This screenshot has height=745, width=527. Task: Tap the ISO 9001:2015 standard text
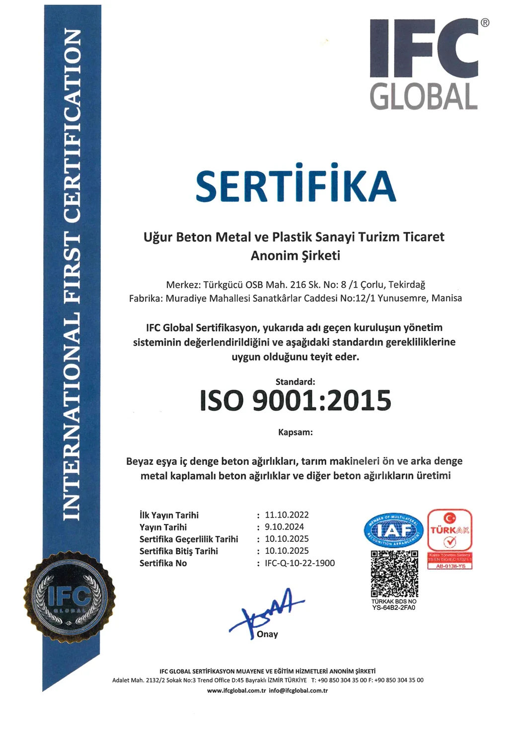point(296,401)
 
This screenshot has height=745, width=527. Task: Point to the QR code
point(394,573)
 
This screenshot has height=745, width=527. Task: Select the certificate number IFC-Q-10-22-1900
point(300,563)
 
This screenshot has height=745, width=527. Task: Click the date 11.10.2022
point(287,515)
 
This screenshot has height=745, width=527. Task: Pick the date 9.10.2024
point(284,527)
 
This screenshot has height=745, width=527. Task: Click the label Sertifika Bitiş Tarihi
point(179,551)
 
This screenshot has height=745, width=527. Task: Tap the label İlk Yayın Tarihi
point(169,516)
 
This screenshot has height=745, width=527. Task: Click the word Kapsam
point(296,432)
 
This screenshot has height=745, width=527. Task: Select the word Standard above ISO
point(295,382)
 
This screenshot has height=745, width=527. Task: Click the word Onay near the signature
point(267,634)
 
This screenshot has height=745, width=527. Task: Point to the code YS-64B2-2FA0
point(394,607)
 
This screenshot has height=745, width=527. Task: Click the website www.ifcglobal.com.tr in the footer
point(236,691)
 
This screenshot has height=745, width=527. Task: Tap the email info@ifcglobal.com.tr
point(299,691)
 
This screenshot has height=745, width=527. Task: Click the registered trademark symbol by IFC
point(485,22)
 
